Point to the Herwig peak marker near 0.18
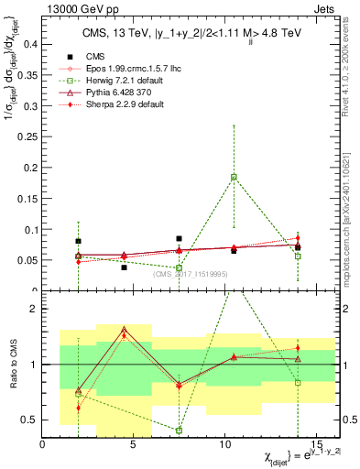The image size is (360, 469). point(234,177)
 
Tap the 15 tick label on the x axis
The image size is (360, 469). point(315,444)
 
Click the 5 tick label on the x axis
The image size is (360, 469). point(134,444)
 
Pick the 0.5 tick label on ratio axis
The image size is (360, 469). point(32,420)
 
